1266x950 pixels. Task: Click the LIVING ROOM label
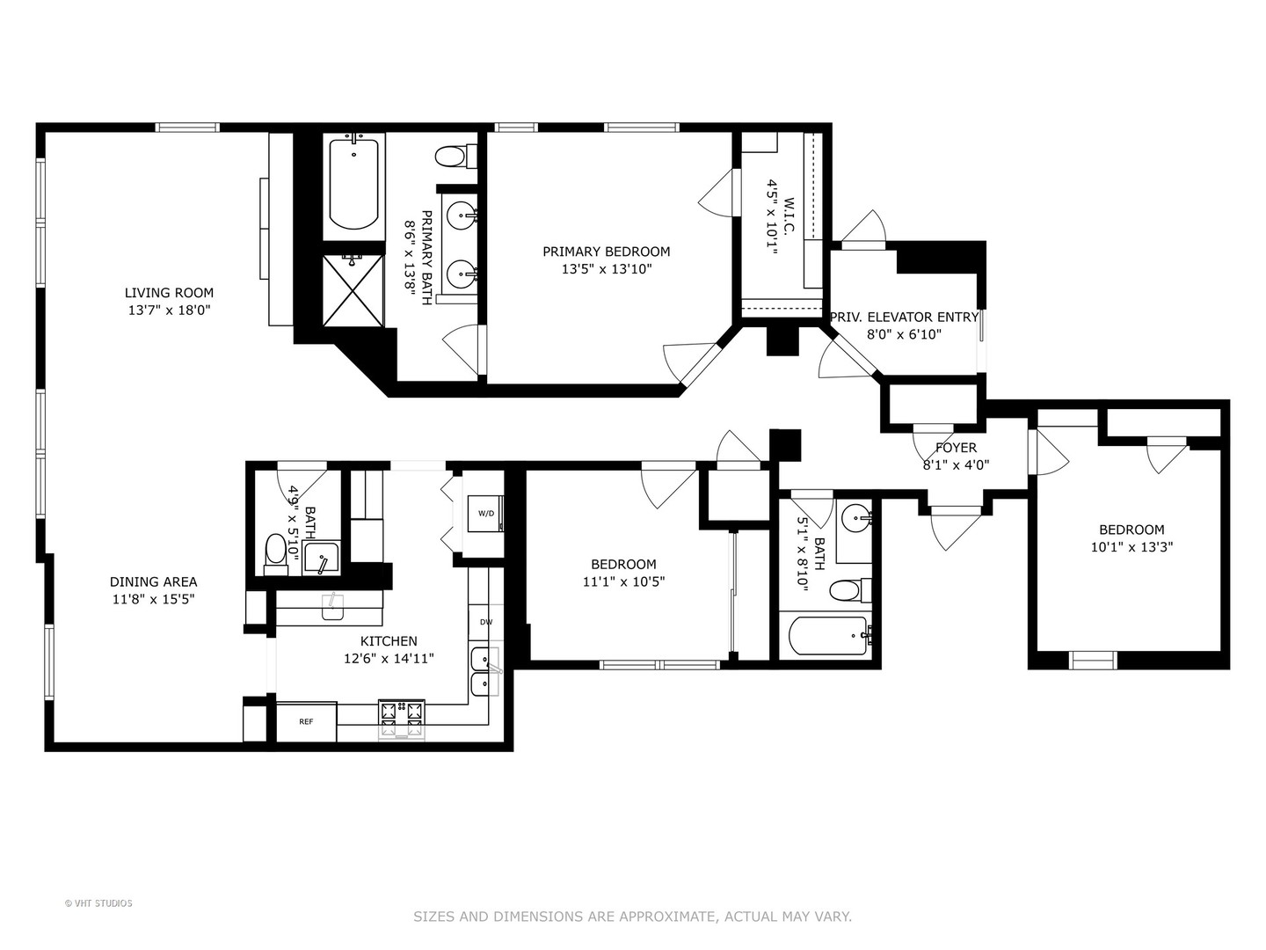point(169,293)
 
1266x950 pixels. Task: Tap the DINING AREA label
point(153,581)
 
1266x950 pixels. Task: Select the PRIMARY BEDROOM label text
point(606,252)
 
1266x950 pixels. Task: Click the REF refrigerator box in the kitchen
point(306,721)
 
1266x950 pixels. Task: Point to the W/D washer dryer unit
point(486,513)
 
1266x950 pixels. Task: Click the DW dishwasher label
point(485,622)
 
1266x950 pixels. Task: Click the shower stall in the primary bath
point(353,289)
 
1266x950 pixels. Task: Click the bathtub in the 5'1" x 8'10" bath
point(827,635)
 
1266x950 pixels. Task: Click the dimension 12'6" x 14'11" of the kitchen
point(389,658)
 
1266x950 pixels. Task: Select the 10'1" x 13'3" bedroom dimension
point(1131,546)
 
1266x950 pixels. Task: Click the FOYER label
point(956,448)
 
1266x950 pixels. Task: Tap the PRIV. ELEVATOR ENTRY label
point(904,317)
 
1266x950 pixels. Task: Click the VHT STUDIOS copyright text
point(98,903)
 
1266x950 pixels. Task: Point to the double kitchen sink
point(484,671)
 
